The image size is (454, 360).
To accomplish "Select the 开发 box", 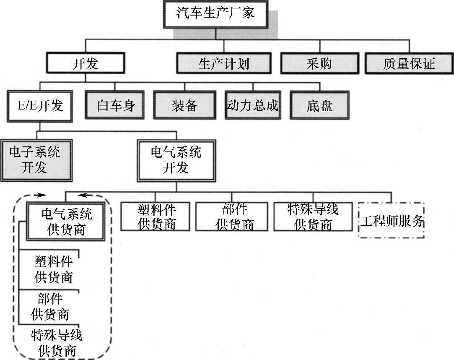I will tap(85, 63).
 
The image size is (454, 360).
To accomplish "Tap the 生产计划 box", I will tap(223, 63).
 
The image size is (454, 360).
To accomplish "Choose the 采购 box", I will tap(319, 63).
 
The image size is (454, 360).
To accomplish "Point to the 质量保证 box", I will tap(409, 63).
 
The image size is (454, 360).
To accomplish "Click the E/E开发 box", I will tap(40, 105).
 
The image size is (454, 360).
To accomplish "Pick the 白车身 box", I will tap(116, 105).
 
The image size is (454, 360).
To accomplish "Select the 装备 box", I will tap(184, 105).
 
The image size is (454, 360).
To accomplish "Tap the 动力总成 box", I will tap(252, 105).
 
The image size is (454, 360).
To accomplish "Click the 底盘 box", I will tap(319, 105).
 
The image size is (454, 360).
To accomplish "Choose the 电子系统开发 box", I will tap(35, 160).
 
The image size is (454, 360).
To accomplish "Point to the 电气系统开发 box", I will tap(176, 160).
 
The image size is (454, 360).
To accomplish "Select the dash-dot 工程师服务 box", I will tap(392, 221).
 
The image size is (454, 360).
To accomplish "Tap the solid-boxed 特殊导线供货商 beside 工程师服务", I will tap(313, 217).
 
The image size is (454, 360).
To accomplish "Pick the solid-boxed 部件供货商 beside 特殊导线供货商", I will tap(231, 217).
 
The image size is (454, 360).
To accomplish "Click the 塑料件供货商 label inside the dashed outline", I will tap(54, 269).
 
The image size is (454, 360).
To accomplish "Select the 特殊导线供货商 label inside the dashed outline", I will tap(57, 343).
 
